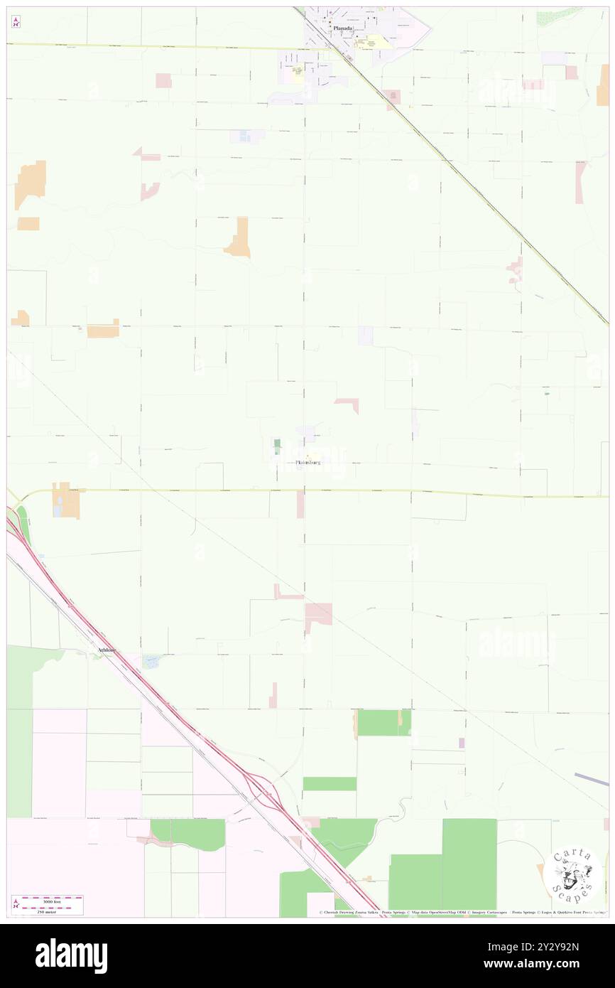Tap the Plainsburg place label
[x=307, y=463]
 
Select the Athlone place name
[x=106, y=650]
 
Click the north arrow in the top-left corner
[x=16, y=21]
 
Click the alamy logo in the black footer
[x=71, y=956]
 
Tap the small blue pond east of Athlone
[x=151, y=662]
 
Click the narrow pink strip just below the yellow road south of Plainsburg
[x=300, y=504]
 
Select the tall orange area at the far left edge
[x=31, y=183]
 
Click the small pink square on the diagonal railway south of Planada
[x=391, y=96]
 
